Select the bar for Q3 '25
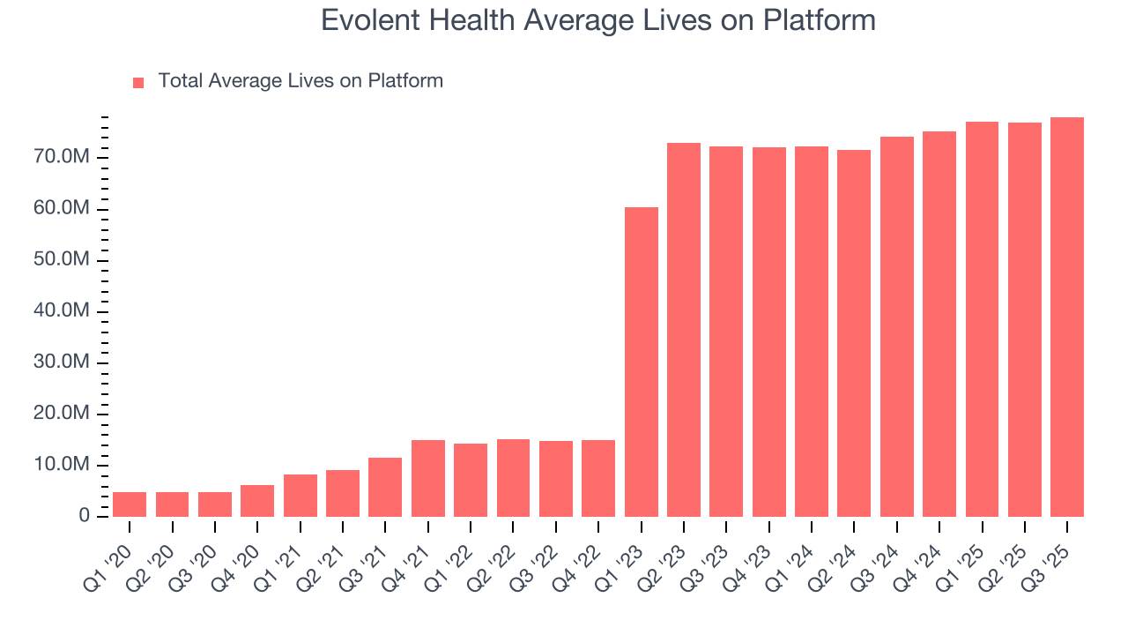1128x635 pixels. [1067, 317]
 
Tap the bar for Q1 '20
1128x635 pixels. [130, 504]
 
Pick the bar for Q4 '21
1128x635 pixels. [428, 478]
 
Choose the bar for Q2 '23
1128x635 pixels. [684, 330]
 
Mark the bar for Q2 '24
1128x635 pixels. [854, 333]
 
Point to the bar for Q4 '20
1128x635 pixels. [257, 501]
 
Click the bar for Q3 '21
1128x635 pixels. [385, 487]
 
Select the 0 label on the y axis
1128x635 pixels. [85, 516]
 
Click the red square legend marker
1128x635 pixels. [138, 82]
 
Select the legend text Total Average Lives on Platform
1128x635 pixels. [301, 81]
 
